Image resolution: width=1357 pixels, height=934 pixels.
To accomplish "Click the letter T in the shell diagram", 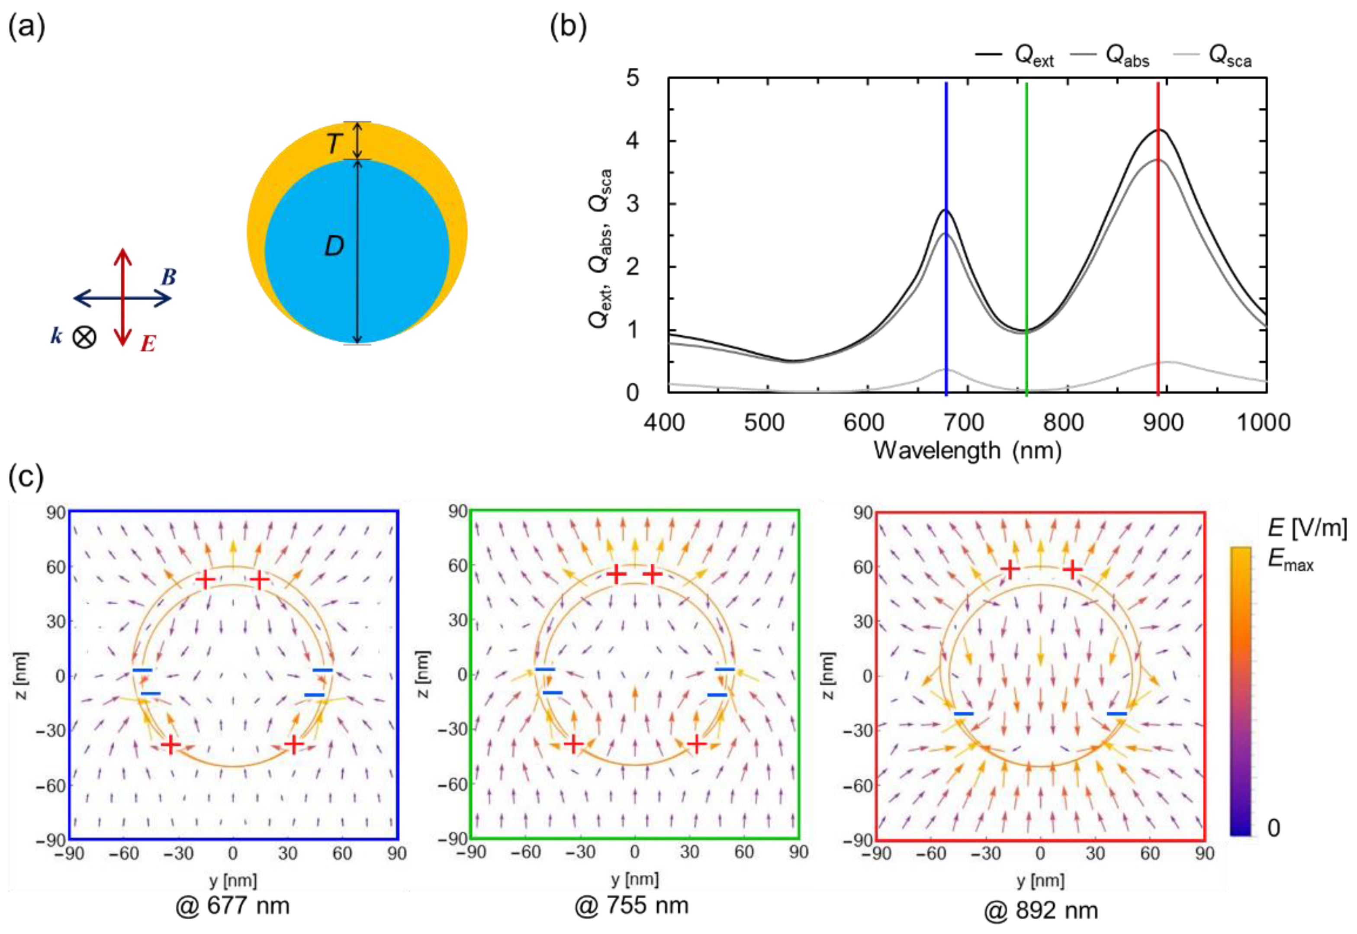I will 334,143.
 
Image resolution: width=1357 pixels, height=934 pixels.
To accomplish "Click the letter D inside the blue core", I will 334,247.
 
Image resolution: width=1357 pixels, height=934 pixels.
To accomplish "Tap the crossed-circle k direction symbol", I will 84,337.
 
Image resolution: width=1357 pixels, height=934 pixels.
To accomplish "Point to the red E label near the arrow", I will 148,343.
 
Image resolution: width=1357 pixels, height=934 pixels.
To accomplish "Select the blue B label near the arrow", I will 169,277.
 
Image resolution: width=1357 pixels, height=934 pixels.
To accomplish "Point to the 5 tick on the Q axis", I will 633,78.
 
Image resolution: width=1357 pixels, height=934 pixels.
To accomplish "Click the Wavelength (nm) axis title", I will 967,451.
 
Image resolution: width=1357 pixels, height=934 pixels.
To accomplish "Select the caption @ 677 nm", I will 232,905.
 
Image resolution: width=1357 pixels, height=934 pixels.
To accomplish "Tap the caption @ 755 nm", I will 632,905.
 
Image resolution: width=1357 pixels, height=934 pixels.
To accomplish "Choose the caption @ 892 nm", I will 1040,911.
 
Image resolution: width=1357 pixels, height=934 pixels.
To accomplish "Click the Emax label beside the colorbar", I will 1290,561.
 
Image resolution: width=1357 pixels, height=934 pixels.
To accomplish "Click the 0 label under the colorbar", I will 1273,828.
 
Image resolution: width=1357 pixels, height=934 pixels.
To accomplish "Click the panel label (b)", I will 568,28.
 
